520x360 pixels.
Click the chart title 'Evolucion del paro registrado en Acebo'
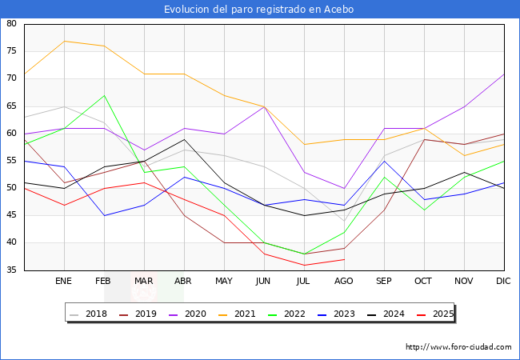pyautogui.click(x=258, y=10)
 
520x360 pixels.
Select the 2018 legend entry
pyautogui.click(x=89, y=314)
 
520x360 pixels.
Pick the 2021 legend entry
pyautogui.click(x=237, y=314)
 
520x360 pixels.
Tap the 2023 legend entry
pyautogui.click(x=336, y=314)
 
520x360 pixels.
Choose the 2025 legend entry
pyautogui.click(x=435, y=314)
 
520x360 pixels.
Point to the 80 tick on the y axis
pyautogui.click(x=11, y=23)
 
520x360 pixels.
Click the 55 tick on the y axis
pyautogui.click(x=11, y=161)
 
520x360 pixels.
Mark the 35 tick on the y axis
pyautogui.click(x=11, y=270)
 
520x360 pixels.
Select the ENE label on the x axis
pyautogui.click(x=63, y=281)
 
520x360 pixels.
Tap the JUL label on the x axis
pyautogui.click(x=303, y=281)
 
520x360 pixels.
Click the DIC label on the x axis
pyautogui.click(x=503, y=281)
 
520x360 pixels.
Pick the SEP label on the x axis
pyautogui.click(x=384, y=281)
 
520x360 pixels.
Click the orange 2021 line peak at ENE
pyautogui.click(x=64, y=41)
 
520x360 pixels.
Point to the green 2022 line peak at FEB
pyautogui.click(x=105, y=95)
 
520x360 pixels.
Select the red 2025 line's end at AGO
pyautogui.click(x=345, y=259)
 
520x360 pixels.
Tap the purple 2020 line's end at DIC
pyautogui.click(x=504, y=74)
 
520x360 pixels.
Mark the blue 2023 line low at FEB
pyautogui.click(x=105, y=215)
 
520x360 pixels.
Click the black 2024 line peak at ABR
pyautogui.click(x=184, y=139)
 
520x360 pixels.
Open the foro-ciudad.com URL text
pyautogui.click(x=458, y=347)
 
